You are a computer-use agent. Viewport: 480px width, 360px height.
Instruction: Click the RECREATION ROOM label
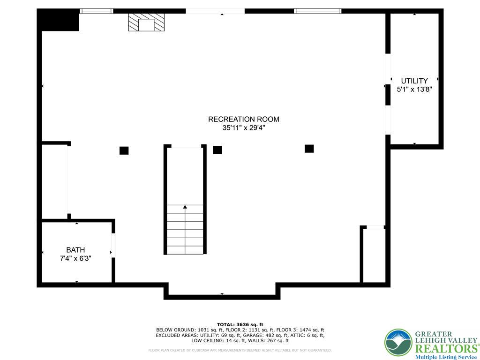[243, 119]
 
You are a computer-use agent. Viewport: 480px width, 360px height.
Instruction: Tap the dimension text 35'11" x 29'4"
[243, 127]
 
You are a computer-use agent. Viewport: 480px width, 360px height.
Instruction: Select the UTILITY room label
[414, 81]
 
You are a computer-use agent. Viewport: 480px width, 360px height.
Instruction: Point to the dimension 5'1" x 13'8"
[414, 89]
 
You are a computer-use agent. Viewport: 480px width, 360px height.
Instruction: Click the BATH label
[75, 250]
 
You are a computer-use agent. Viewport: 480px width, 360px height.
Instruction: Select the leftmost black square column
[124, 150]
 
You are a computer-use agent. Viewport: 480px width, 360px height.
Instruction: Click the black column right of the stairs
[217, 150]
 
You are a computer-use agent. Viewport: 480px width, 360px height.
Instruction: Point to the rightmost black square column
[309, 149]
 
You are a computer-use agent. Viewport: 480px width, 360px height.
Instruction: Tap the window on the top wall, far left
[96, 11]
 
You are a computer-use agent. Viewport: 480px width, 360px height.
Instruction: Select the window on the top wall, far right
[317, 11]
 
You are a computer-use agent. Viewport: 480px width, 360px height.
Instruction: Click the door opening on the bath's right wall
[113, 245]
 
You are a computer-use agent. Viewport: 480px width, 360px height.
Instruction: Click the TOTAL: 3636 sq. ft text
[240, 324]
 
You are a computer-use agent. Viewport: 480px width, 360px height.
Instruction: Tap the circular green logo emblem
[398, 342]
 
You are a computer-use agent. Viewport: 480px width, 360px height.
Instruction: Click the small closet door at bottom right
[375, 227]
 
